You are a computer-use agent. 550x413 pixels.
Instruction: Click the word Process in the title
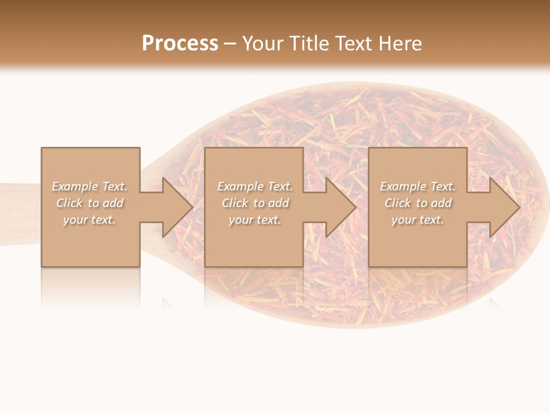tap(180, 44)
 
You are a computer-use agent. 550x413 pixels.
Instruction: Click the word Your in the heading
tap(264, 44)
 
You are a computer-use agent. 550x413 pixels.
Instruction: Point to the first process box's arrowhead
tap(176, 207)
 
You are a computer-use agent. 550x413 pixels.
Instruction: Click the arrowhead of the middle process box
tap(340, 207)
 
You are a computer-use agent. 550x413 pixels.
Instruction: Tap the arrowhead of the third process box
tap(504, 207)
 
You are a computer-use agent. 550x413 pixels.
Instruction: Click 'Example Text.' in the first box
tap(89, 186)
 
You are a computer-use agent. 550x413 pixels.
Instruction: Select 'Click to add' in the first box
tap(89, 203)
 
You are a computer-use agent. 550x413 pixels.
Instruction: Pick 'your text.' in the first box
tap(89, 220)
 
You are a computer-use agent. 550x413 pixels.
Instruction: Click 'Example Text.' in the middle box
tap(254, 186)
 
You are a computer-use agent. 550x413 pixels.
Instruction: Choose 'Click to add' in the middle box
tap(254, 203)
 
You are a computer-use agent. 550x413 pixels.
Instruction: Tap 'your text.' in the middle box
tap(254, 220)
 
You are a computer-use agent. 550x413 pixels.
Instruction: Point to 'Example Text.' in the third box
tap(418, 186)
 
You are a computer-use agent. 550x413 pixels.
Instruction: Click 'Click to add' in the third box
tap(418, 203)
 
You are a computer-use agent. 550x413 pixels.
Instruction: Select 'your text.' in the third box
tap(418, 220)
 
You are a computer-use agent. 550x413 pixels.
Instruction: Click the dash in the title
tap(230, 44)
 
